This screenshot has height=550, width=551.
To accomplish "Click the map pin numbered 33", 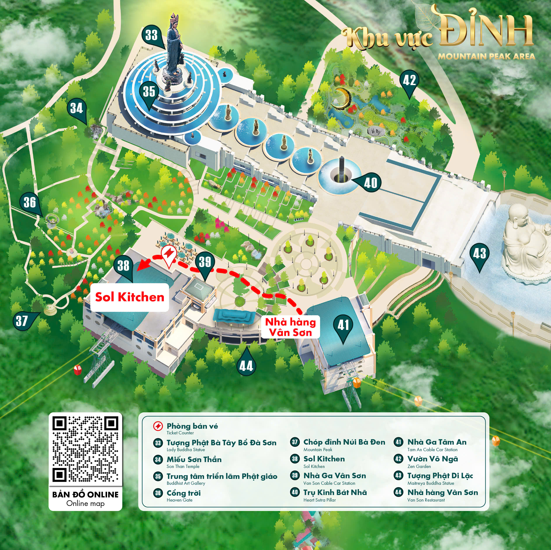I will point(151,35).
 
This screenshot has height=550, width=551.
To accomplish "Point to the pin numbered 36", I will point(30,202).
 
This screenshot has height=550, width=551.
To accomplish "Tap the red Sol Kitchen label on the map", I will point(130,297).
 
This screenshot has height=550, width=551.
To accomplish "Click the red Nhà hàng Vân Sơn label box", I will point(290,327).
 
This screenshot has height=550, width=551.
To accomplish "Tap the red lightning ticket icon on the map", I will point(168,254).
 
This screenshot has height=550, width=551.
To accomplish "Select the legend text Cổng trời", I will point(184,493).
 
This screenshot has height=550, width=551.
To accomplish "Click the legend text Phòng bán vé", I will point(192,426).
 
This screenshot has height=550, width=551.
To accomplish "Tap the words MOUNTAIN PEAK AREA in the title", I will point(486,56).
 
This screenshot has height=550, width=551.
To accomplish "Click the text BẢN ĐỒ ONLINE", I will point(85,494).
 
